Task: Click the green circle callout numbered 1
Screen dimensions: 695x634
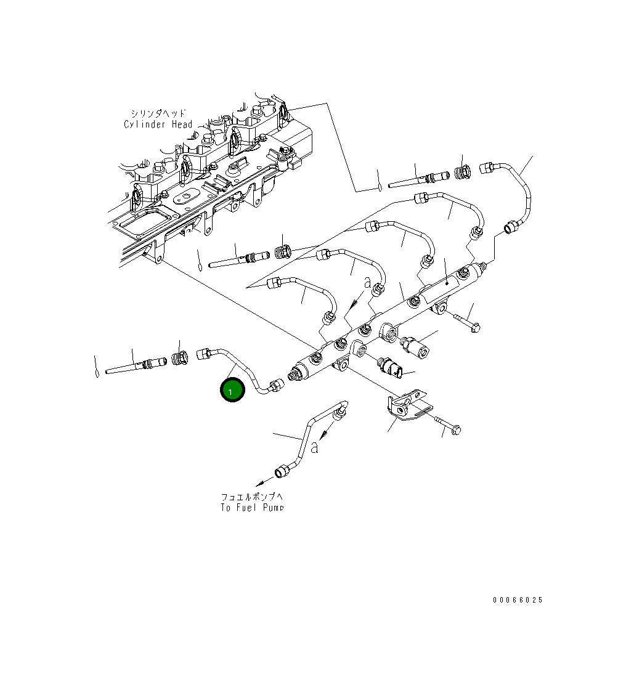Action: (x=233, y=391)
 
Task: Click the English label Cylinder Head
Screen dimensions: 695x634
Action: (x=158, y=124)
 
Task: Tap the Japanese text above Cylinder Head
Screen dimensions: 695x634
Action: (x=158, y=113)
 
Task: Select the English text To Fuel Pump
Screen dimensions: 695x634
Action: (x=252, y=508)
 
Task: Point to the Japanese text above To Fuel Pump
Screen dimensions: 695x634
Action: (x=252, y=497)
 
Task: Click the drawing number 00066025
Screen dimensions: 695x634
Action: (x=518, y=600)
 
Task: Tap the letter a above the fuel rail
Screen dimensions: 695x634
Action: (x=367, y=283)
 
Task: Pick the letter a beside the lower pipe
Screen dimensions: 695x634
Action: (x=314, y=447)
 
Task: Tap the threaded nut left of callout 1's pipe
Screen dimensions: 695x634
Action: (x=179, y=358)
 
